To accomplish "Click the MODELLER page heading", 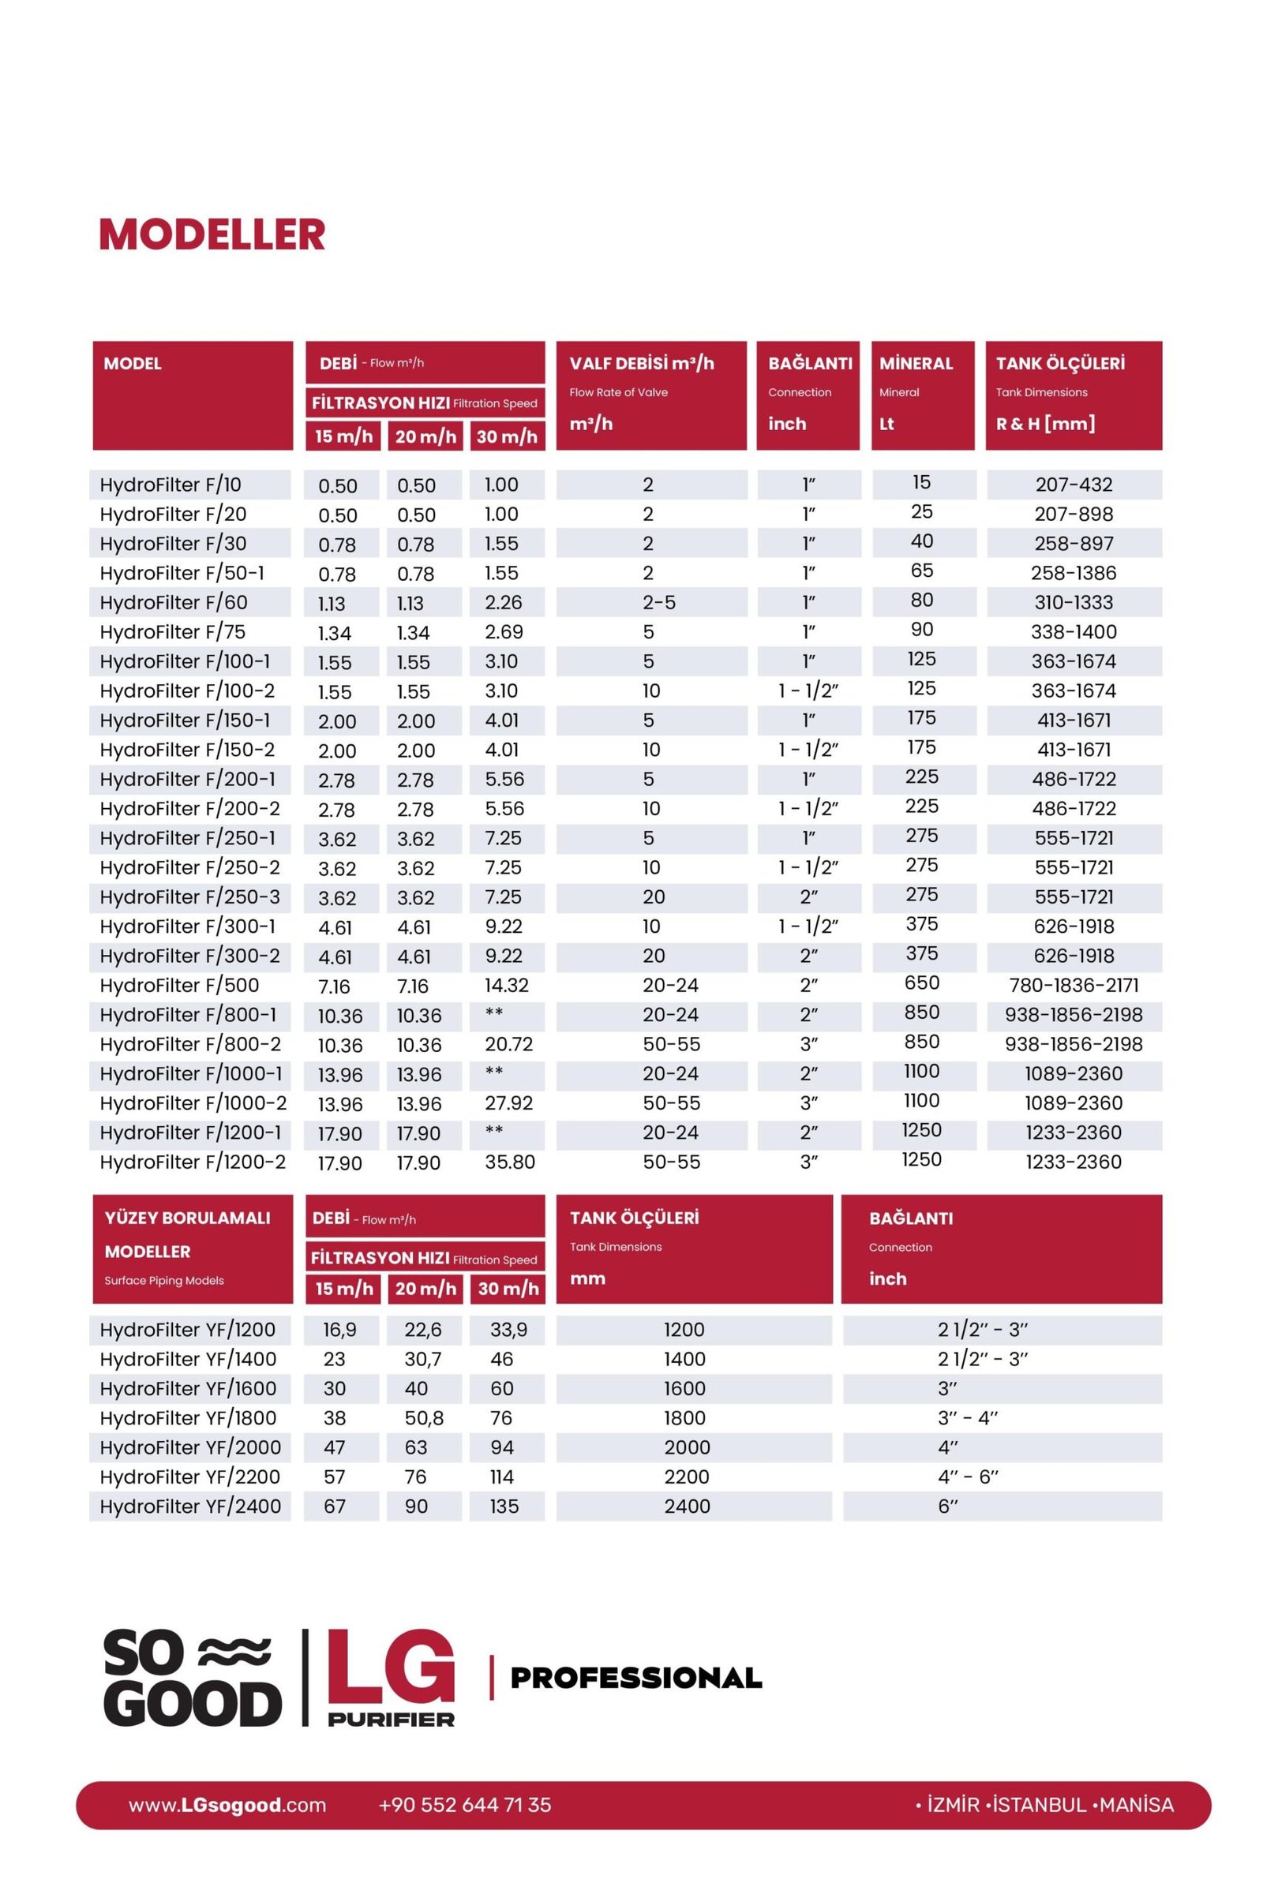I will pyautogui.click(x=212, y=234).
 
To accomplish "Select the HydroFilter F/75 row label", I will pyautogui.click(x=172, y=632).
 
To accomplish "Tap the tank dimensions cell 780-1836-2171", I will pyautogui.click(x=1074, y=985).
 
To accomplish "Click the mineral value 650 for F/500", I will pyautogui.click(x=921, y=983).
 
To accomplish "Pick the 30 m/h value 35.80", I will pyautogui.click(x=510, y=1162).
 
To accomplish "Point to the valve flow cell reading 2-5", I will pyautogui.click(x=659, y=602).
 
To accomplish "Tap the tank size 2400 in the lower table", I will pyautogui.click(x=687, y=1507).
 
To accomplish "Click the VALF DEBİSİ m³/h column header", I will pyautogui.click(x=641, y=363).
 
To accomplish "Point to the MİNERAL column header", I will pyautogui.click(x=916, y=363).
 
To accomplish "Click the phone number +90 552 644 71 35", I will pyautogui.click(x=465, y=1806).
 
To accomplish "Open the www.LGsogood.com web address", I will pyautogui.click(x=227, y=1806).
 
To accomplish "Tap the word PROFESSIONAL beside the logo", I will pyautogui.click(x=636, y=1679).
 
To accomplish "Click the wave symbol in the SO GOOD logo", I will pyautogui.click(x=234, y=1652).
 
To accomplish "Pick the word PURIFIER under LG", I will pyautogui.click(x=391, y=1720).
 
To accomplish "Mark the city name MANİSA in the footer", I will pyautogui.click(x=1136, y=1806).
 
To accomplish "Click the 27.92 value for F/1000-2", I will pyautogui.click(x=508, y=1103).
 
